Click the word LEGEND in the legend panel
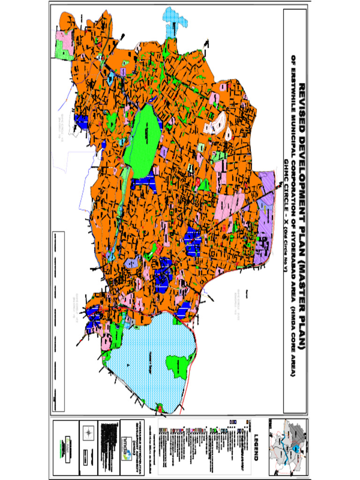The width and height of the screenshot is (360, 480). coord(256,446)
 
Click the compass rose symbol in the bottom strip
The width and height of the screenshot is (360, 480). coord(88,433)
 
